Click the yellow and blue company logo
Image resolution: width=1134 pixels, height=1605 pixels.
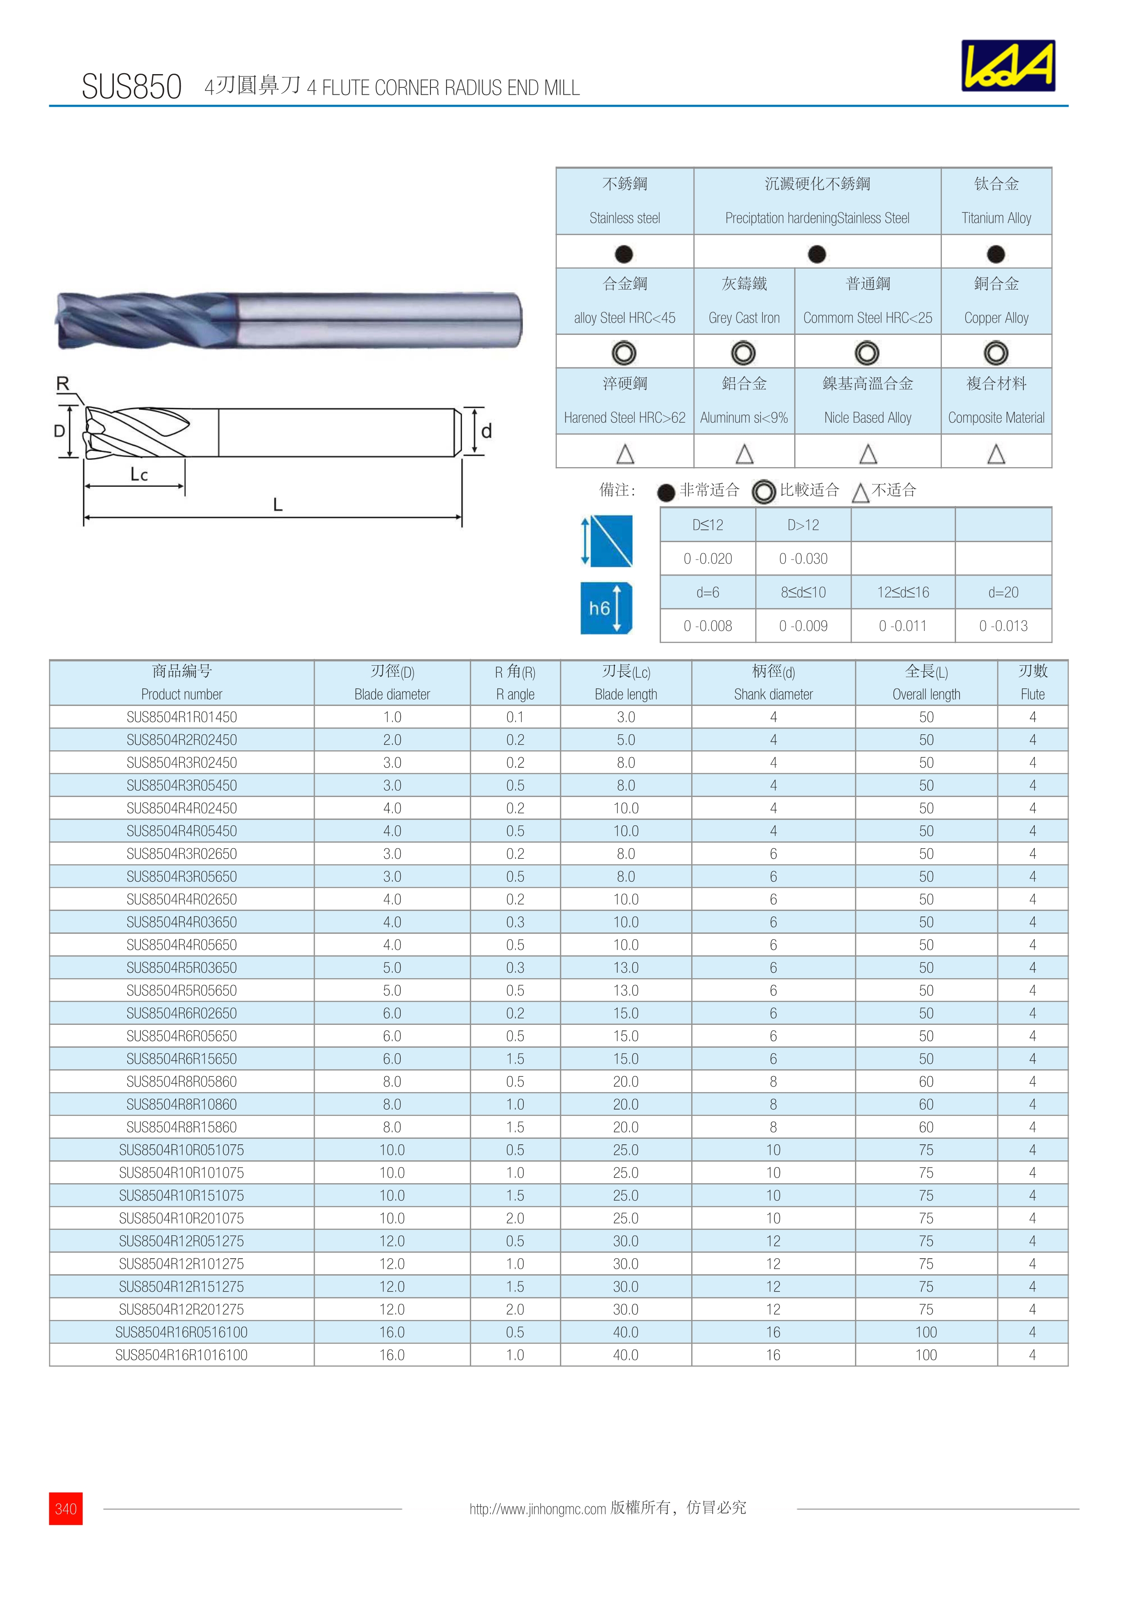point(1008,66)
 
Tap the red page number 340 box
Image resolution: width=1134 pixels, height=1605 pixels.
point(66,1508)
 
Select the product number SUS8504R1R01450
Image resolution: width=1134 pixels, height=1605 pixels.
point(182,717)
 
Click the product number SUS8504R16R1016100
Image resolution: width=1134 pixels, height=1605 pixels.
point(182,1355)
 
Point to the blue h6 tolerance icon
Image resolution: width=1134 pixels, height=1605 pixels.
point(606,608)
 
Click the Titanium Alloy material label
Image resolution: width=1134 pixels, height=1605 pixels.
point(996,218)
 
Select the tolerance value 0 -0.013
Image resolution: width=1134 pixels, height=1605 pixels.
point(1003,626)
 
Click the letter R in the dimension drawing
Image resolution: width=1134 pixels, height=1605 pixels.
point(63,384)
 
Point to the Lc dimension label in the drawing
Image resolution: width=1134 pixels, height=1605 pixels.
point(139,474)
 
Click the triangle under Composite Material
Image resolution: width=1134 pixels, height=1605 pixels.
point(996,454)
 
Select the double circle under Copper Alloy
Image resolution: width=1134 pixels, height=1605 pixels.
point(996,353)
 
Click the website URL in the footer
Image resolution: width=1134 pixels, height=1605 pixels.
point(537,1508)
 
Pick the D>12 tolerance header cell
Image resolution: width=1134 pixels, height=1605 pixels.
point(803,525)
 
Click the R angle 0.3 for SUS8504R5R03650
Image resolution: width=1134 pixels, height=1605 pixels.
point(515,968)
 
